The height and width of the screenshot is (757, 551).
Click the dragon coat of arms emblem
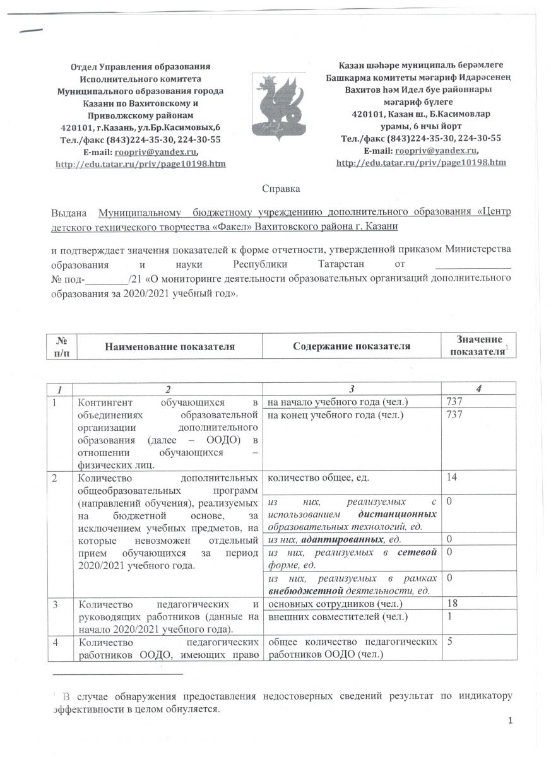pyautogui.click(x=275, y=103)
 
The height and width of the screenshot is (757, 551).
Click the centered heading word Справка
pyautogui.click(x=280, y=189)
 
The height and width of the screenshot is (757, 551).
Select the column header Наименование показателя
pyautogui.click(x=170, y=346)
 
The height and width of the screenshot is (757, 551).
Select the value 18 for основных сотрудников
pyautogui.click(x=452, y=604)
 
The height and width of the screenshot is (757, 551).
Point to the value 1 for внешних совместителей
pyautogui.click(x=449, y=616)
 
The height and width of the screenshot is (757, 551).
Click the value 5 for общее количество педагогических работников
pyautogui.click(x=449, y=642)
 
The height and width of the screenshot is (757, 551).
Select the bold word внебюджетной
pyautogui.click(x=299, y=590)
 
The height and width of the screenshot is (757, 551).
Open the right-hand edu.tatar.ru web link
pyautogui.click(x=421, y=163)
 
